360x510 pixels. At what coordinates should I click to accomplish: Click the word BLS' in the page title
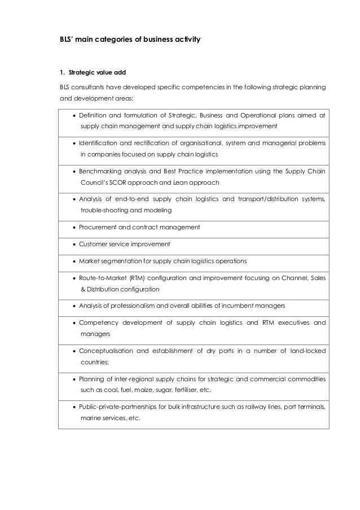(x=67, y=41)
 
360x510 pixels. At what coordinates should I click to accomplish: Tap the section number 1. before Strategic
(x=63, y=72)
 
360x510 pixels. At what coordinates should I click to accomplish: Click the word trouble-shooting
(x=100, y=210)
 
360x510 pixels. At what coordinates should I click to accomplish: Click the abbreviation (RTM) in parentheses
(x=137, y=278)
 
